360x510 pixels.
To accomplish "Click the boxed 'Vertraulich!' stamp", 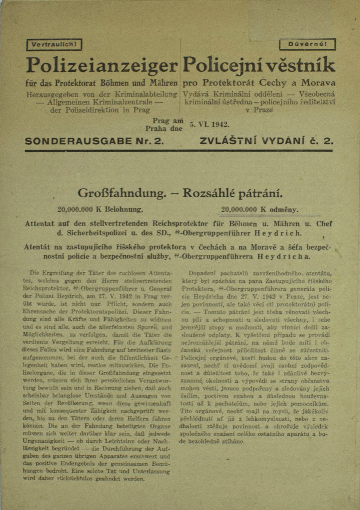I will pyautogui.click(x=54, y=45).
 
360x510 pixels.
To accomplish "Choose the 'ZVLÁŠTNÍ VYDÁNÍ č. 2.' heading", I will pyautogui.click(x=266, y=141).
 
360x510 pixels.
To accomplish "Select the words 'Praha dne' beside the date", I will pyautogui.click(x=164, y=129).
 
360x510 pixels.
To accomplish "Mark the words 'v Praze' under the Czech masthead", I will pyautogui.click(x=258, y=110).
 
